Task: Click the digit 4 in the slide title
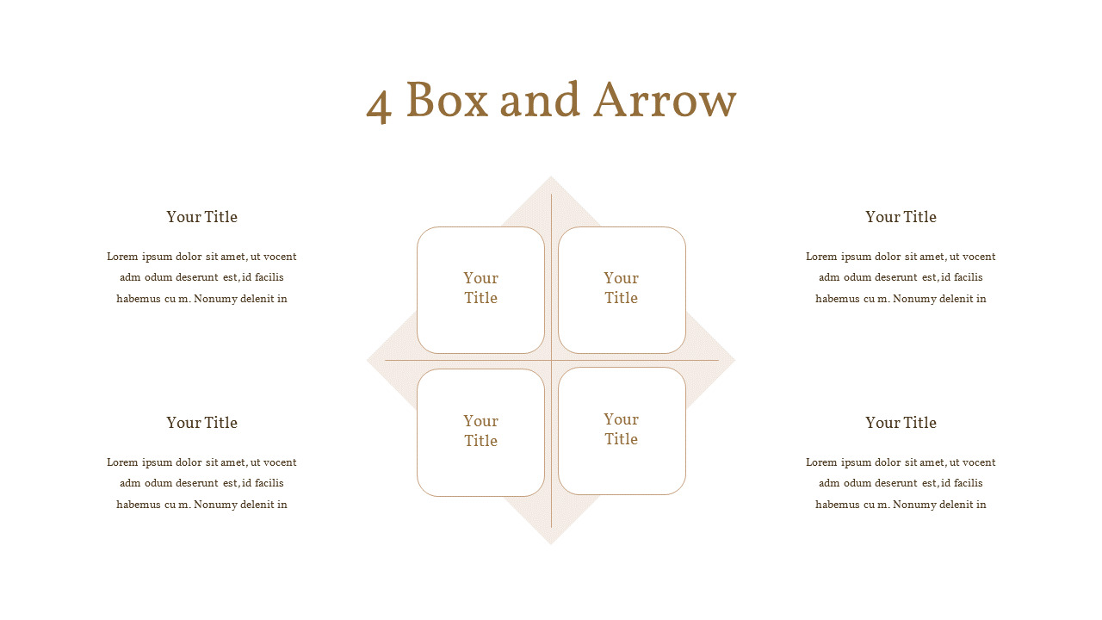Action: pos(379,106)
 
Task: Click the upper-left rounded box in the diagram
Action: pos(480,290)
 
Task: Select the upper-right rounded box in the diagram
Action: pos(622,290)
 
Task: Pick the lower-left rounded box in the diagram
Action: pos(480,432)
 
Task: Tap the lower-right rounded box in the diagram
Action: pos(622,431)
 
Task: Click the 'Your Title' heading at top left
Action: pos(201,217)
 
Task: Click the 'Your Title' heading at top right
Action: pos(901,217)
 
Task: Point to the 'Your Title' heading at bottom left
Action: pos(201,423)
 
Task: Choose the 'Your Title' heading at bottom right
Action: pos(901,423)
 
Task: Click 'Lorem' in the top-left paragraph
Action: pos(122,257)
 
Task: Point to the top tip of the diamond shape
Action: pos(551,177)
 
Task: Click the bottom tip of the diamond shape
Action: pos(551,545)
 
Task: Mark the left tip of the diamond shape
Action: pos(367,360)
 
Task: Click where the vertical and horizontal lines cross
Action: pos(552,360)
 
